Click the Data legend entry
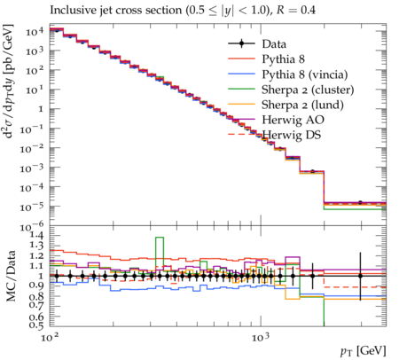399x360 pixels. [274, 44]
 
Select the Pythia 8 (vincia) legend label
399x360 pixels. [305, 74]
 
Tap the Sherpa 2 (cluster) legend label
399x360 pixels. [308, 90]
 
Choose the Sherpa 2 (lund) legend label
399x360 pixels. [302, 105]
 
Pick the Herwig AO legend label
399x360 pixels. [293, 120]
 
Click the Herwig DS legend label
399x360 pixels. [292, 135]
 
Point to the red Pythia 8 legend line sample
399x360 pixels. [241, 59]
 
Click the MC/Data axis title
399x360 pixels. [11, 276]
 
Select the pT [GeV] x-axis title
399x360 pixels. [364, 351]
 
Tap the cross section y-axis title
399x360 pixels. [9, 82]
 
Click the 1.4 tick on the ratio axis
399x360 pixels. [36, 236]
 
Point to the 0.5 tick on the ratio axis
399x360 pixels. [36, 325]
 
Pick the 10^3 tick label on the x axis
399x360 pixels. [261, 337]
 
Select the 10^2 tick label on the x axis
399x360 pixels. [50, 337]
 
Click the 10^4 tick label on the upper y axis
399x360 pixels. [35, 31]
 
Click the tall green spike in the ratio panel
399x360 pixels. [160, 252]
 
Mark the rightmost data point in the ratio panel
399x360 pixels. [360, 276]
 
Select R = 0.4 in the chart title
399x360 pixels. [296, 11]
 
